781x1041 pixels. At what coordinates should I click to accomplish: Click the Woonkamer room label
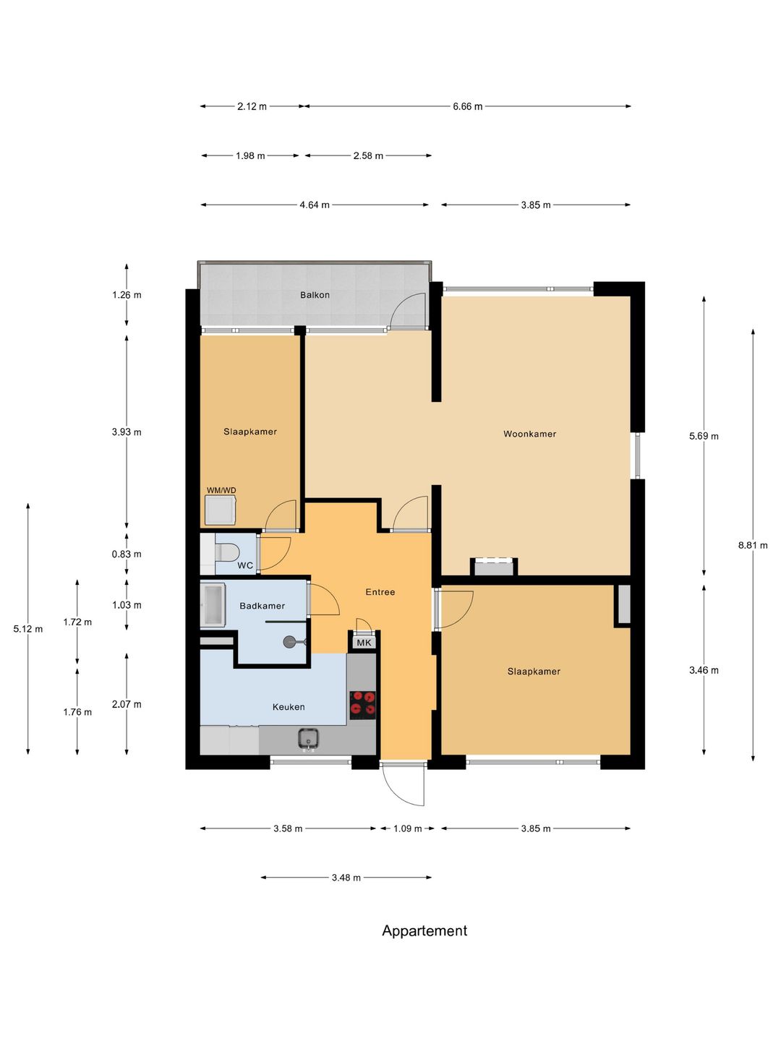[x=529, y=434]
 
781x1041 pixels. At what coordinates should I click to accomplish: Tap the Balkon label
[x=315, y=295]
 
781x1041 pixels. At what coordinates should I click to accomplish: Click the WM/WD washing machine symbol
[x=221, y=510]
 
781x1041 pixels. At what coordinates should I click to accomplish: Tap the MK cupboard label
[x=364, y=643]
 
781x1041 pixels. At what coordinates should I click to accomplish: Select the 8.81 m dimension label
[x=753, y=545]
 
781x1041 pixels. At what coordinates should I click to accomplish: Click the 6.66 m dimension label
[x=467, y=106]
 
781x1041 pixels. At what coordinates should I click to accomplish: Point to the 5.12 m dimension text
[x=28, y=629]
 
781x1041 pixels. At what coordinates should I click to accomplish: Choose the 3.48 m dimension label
[x=346, y=878]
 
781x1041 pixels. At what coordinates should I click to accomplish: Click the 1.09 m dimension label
[x=407, y=828]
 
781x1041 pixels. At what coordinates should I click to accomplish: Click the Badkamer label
[x=262, y=606]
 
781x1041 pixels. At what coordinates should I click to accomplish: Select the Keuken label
[x=289, y=706]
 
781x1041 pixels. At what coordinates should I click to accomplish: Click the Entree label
[x=380, y=592]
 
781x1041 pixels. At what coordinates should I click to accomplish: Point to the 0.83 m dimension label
[x=127, y=554]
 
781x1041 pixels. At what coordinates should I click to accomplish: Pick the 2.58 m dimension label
[x=368, y=155]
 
